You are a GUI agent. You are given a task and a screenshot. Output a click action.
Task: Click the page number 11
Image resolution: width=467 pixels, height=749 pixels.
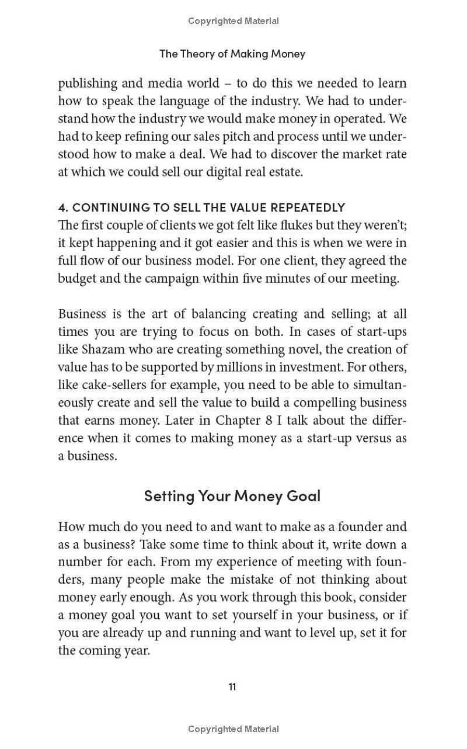click(x=232, y=686)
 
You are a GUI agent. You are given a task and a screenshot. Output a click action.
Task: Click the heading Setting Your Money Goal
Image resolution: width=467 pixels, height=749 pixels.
click(x=232, y=495)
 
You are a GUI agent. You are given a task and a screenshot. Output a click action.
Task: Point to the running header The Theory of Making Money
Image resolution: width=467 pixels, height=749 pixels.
click(x=232, y=54)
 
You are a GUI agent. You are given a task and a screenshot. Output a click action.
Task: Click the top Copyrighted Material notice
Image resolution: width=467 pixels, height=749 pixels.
click(x=233, y=21)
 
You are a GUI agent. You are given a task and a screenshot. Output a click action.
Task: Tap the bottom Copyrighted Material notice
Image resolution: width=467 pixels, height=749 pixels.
click(x=233, y=729)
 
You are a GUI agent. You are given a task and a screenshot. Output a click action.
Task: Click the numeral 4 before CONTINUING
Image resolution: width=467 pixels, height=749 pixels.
click(x=62, y=207)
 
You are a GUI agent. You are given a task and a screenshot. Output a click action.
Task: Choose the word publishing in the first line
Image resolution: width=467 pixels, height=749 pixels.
click(x=88, y=84)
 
